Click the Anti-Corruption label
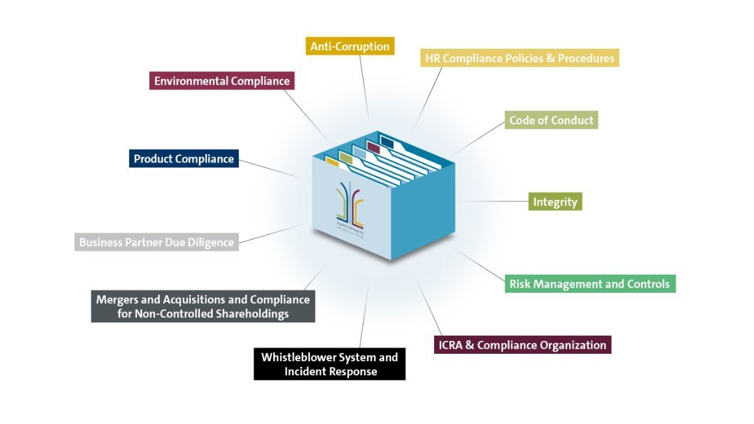[x=350, y=46]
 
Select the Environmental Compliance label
[x=221, y=81]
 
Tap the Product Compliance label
[x=184, y=158]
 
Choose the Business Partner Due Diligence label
[x=156, y=242]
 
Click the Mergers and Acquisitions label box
[x=202, y=306]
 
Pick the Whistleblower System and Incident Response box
[x=329, y=364]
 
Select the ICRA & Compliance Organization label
[x=522, y=345]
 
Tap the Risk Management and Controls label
[x=590, y=284]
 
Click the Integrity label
[x=555, y=202]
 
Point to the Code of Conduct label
[x=551, y=120]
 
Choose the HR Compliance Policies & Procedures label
[x=519, y=58]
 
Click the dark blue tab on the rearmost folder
[x=387, y=141]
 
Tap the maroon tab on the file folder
[x=373, y=147]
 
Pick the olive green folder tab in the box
[x=346, y=156]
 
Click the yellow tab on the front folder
[x=332, y=161]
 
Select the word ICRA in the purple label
[x=452, y=345]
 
